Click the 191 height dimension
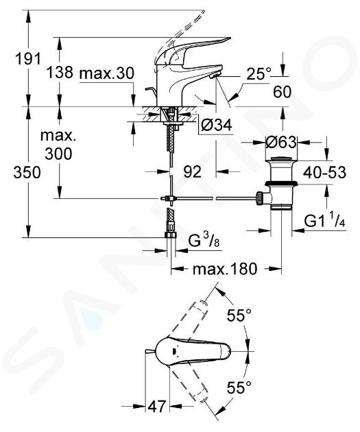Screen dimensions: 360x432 [x=28, y=59]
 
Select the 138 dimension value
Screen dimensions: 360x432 [x=60, y=73]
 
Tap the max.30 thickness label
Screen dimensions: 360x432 [x=106, y=73]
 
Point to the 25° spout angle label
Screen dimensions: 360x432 [x=259, y=73]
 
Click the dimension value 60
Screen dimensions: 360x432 [x=282, y=92]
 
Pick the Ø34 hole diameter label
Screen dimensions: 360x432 [x=217, y=125]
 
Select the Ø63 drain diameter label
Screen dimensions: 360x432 [x=282, y=143]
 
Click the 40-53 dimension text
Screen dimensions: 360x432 [x=324, y=173]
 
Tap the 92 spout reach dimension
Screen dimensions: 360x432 [x=192, y=172]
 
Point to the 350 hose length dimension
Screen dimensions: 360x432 [x=27, y=173]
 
